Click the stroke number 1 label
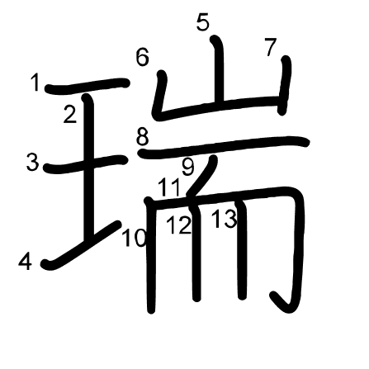point(35,83)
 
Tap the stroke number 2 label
point(69,115)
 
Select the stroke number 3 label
point(32,162)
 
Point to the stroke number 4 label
point(25,262)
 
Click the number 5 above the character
point(203,21)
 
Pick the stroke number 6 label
point(143,57)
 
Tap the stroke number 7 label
point(270,47)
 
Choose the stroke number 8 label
point(143,137)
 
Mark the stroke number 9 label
point(188,167)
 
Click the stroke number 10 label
point(134,238)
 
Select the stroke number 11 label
point(169,187)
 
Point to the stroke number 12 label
point(179,225)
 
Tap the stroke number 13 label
point(225,219)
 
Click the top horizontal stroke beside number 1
point(88,85)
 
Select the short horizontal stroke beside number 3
point(86,163)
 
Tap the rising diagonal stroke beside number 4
point(82,245)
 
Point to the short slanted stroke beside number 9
point(202,175)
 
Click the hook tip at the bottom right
point(273,296)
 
